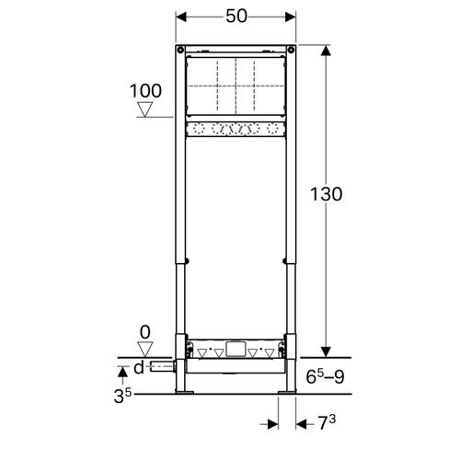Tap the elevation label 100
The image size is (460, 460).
(x=145, y=90)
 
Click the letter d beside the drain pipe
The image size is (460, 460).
(x=138, y=368)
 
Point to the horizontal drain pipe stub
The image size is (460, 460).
(x=163, y=368)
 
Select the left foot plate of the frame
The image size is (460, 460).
(x=184, y=393)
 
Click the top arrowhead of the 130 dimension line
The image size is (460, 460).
(x=325, y=48)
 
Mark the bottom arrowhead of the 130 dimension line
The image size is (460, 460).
(x=325, y=351)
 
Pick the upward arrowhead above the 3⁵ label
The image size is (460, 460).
(x=124, y=370)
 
